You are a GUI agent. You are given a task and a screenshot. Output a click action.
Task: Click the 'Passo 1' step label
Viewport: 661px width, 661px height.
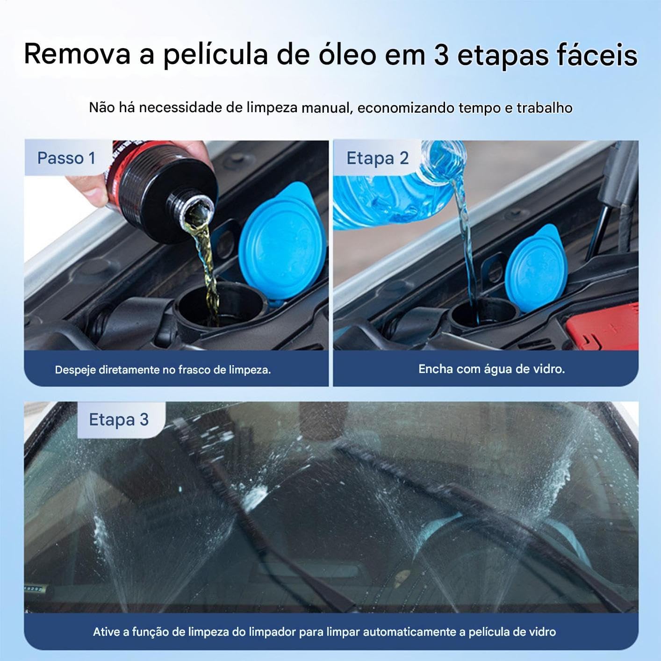(x=66, y=158)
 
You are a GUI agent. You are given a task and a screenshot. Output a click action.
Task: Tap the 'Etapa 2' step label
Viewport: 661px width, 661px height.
(x=377, y=158)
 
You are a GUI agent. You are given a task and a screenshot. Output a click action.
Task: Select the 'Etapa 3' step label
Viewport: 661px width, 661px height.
(x=119, y=419)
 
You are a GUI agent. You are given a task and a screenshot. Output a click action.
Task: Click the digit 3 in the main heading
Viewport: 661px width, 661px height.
(x=441, y=55)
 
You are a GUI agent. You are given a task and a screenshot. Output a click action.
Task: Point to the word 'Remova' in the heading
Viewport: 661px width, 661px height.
(x=77, y=55)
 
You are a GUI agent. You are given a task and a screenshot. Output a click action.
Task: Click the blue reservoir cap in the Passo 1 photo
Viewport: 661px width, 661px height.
(x=282, y=242)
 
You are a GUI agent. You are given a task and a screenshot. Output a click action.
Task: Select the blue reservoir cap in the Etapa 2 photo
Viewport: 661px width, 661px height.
(x=535, y=268)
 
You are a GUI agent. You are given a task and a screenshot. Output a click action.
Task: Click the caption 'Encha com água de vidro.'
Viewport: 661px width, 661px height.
(x=492, y=369)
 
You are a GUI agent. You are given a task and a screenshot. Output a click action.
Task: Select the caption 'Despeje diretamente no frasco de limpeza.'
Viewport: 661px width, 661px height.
(x=163, y=370)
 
